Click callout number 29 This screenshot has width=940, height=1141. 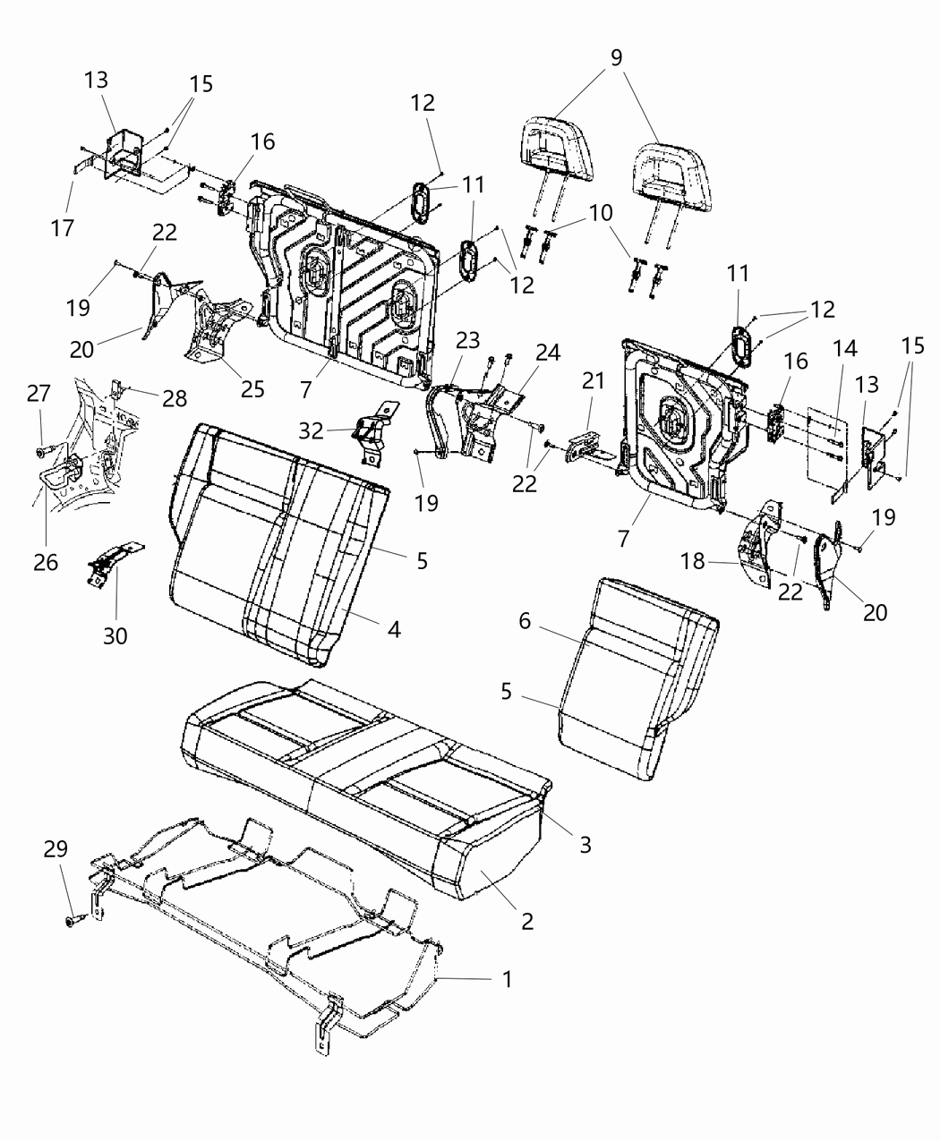56,848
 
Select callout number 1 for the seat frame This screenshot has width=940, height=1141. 507,979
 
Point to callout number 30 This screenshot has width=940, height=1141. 115,635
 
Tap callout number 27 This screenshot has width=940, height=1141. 38,394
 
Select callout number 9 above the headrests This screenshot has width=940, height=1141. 616,58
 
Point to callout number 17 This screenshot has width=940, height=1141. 62,227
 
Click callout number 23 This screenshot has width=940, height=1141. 467,340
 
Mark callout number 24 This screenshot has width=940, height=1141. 549,352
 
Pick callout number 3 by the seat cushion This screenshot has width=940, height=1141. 585,844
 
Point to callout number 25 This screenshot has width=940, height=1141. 252,388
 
